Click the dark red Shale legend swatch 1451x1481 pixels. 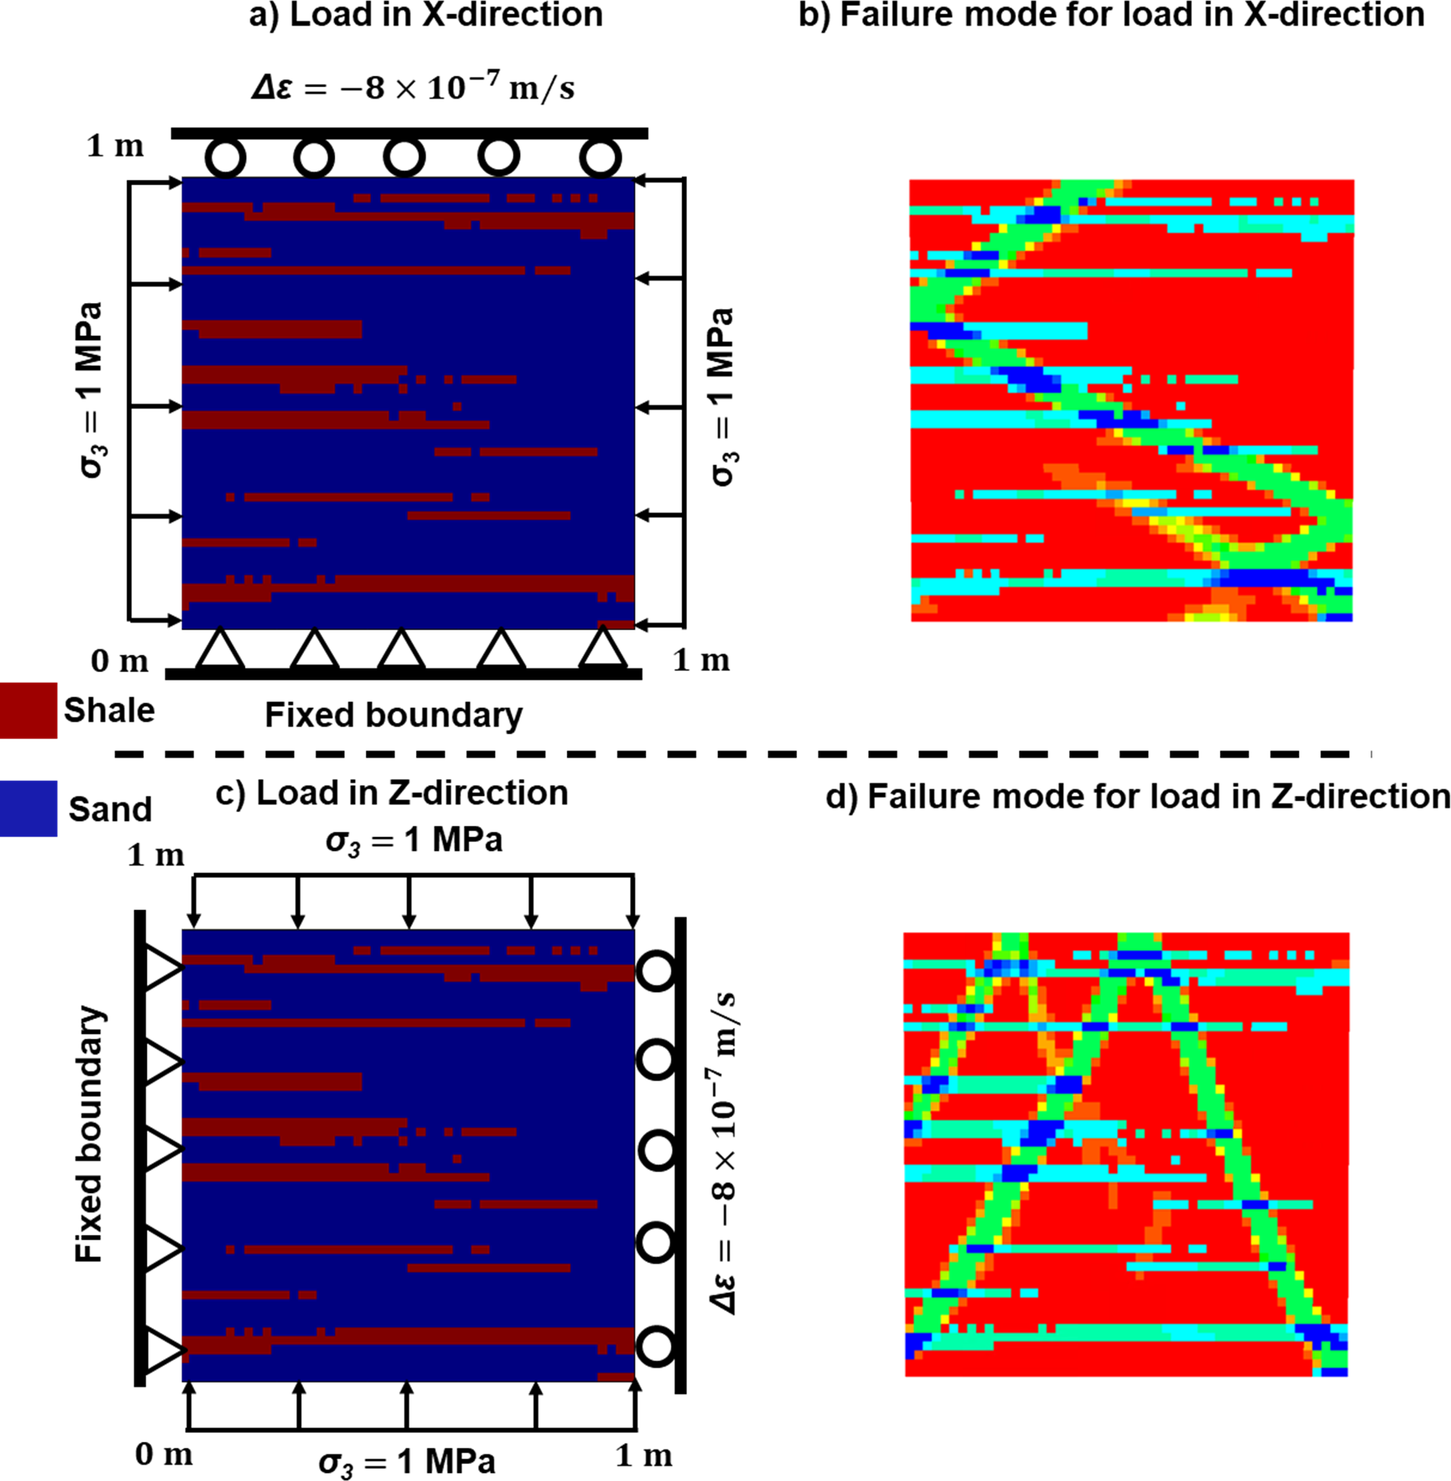(28, 709)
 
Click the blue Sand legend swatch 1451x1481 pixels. (28, 808)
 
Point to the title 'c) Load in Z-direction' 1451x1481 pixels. (391, 793)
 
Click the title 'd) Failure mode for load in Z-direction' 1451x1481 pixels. (1137, 797)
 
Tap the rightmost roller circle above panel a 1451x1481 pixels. (600, 158)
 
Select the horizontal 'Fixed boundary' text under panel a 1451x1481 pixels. (394, 715)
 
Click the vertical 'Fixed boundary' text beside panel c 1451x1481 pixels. (89, 1135)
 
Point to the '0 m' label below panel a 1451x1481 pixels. (120, 661)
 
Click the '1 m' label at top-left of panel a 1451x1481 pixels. (115, 145)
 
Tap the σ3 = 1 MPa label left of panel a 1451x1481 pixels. (91, 390)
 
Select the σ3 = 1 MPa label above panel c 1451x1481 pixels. (414, 841)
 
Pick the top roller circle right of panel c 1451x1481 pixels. (656, 971)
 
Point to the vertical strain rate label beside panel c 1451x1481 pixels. (725, 1152)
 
